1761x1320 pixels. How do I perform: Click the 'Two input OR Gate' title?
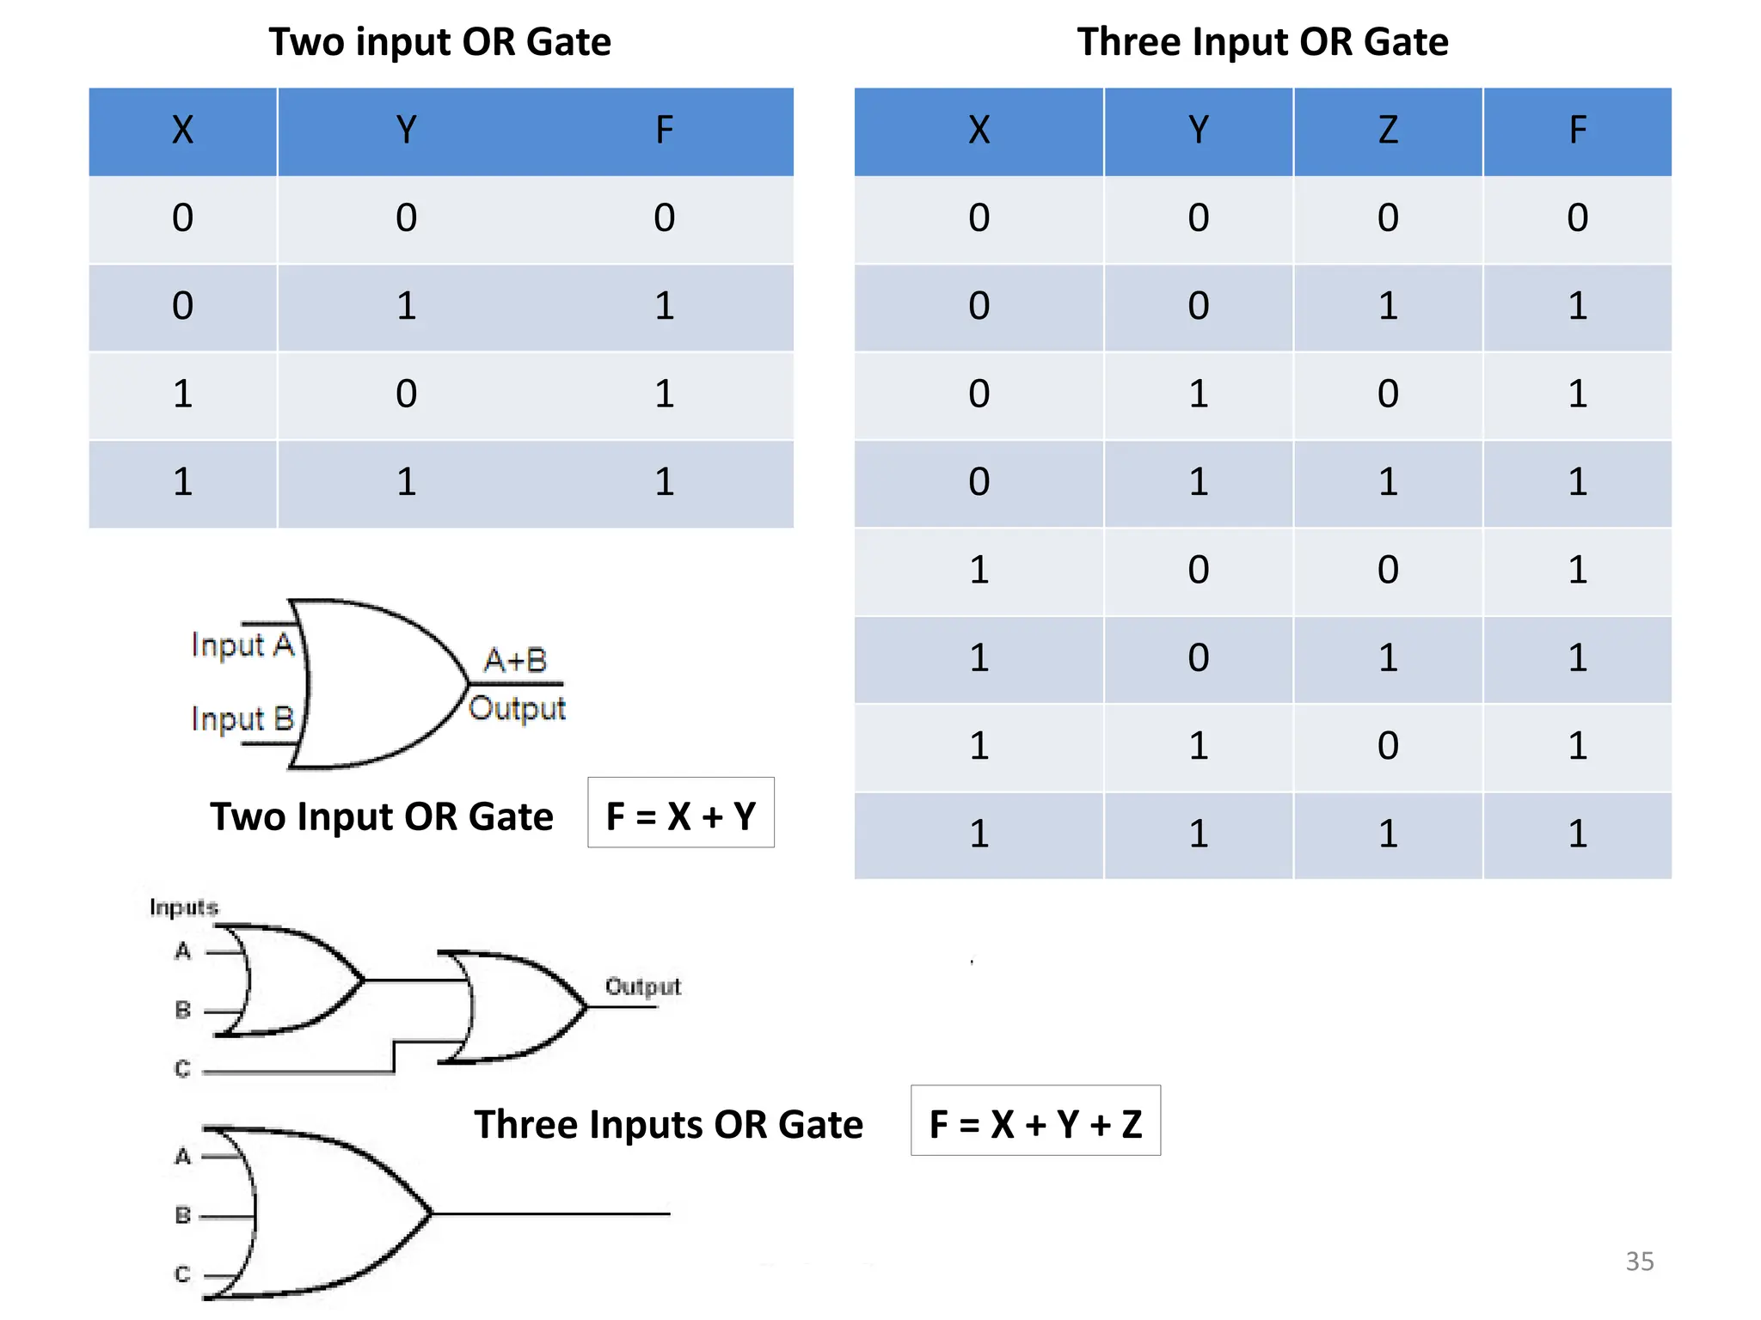439,42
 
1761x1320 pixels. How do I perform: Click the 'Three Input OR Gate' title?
1262,42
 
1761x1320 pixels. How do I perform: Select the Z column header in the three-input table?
1388,131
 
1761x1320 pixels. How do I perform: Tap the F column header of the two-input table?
664,131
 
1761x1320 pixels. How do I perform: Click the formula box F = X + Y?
680,815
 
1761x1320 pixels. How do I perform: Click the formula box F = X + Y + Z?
1035,1122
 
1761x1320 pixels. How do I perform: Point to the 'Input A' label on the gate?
242,645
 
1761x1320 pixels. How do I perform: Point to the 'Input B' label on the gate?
242,718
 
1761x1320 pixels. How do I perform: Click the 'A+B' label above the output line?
515,660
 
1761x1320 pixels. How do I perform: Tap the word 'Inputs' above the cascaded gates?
183,907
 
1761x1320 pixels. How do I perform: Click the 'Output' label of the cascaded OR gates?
642,986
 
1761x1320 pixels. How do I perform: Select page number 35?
1639,1261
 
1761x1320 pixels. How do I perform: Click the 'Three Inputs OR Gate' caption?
668,1124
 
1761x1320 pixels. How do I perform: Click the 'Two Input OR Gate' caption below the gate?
382,816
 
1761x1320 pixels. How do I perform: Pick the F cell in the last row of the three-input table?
1577,834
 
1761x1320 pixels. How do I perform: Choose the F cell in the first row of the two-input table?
664,218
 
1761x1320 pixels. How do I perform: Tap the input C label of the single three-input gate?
182,1274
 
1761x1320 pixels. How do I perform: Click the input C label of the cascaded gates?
182,1068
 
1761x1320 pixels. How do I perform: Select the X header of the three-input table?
979,131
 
